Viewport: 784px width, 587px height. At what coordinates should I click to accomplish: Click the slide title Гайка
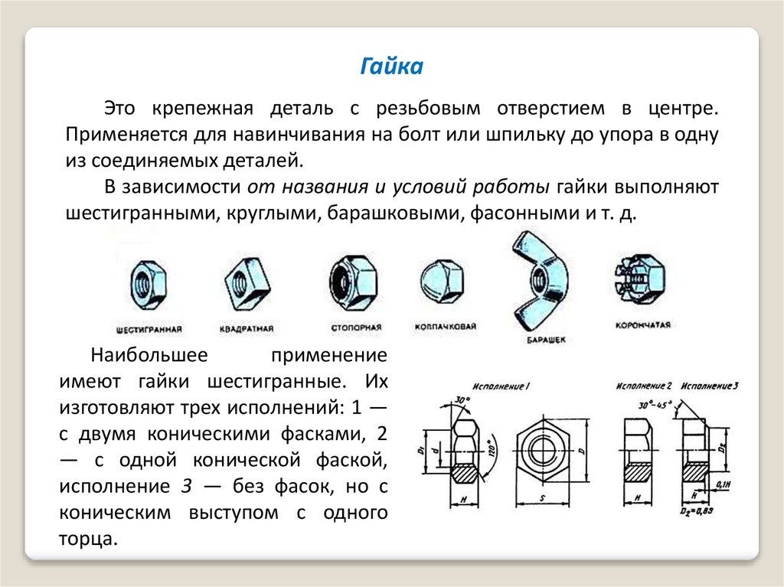click(x=391, y=67)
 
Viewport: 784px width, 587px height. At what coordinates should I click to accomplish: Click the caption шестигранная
click(x=148, y=330)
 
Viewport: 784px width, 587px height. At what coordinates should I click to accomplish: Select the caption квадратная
click(x=246, y=330)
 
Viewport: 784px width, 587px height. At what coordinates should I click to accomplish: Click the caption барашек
click(x=545, y=339)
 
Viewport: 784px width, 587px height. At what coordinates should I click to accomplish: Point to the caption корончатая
click(x=642, y=325)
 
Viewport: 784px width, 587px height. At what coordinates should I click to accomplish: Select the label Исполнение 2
click(x=645, y=385)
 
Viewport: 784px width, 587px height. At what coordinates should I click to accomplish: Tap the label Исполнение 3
click(x=710, y=385)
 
